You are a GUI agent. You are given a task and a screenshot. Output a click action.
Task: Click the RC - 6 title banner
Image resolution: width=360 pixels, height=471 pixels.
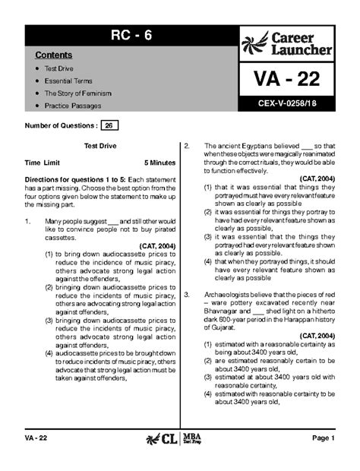pos(128,36)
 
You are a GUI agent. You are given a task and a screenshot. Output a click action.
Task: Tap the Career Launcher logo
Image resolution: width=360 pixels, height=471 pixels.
pos(288,46)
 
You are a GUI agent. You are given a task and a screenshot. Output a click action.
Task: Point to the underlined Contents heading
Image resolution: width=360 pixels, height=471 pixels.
pos(53,56)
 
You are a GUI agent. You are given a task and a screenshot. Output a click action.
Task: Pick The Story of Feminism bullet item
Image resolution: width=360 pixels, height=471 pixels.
pos(77,93)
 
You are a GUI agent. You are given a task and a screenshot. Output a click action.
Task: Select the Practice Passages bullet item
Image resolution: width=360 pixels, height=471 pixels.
pos(74,106)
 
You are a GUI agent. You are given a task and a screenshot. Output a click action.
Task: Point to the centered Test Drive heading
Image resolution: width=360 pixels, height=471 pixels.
pos(99,144)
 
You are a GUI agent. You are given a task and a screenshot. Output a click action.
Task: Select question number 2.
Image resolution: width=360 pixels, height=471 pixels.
pos(188,145)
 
